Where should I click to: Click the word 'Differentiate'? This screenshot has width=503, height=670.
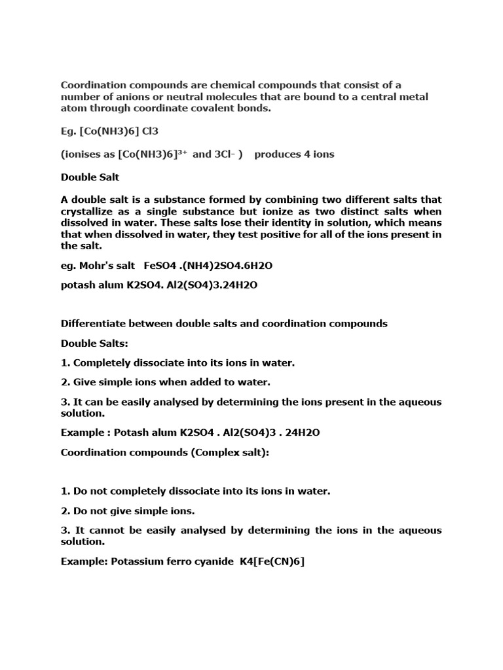coord(94,323)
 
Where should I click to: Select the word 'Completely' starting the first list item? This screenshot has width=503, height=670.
coord(102,362)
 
